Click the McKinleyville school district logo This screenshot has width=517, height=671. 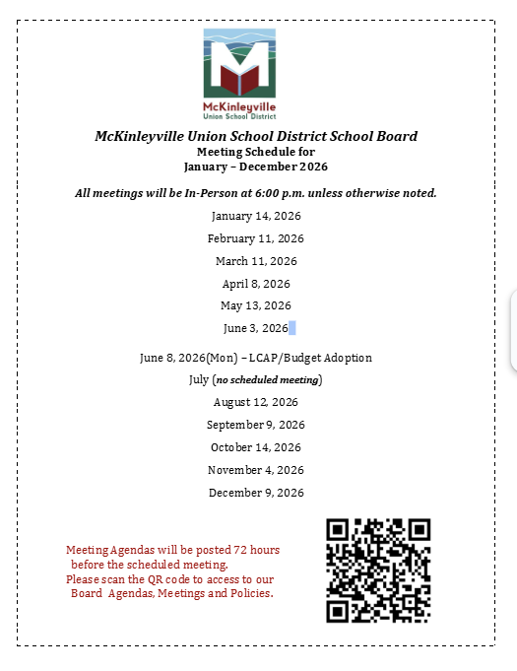[x=239, y=72]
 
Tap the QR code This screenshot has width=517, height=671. [x=378, y=570]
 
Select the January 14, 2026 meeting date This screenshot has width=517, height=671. [x=256, y=216]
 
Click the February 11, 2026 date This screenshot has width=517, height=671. [x=256, y=238]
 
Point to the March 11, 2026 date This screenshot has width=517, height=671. [x=256, y=261]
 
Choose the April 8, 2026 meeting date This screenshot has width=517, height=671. [x=256, y=284]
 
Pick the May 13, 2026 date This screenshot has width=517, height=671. [x=256, y=305]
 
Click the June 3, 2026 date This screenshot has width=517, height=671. [x=255, y=328]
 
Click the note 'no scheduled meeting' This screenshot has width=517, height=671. [x=268, y=379]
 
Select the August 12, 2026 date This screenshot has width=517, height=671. [x=256, y=402]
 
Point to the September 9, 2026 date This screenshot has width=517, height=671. [x=256, y=425]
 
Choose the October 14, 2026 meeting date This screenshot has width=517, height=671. [x=256, y=447]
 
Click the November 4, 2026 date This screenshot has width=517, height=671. [x=256, y=470]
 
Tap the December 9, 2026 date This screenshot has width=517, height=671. [x=256, y=493]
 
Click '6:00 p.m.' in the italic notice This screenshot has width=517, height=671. [x=316, y=193]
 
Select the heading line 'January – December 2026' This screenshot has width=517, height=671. [x=256, y=167]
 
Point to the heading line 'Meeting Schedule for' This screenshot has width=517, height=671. [x=256, y=152]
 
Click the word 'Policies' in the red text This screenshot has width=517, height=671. [x=249, y=594]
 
